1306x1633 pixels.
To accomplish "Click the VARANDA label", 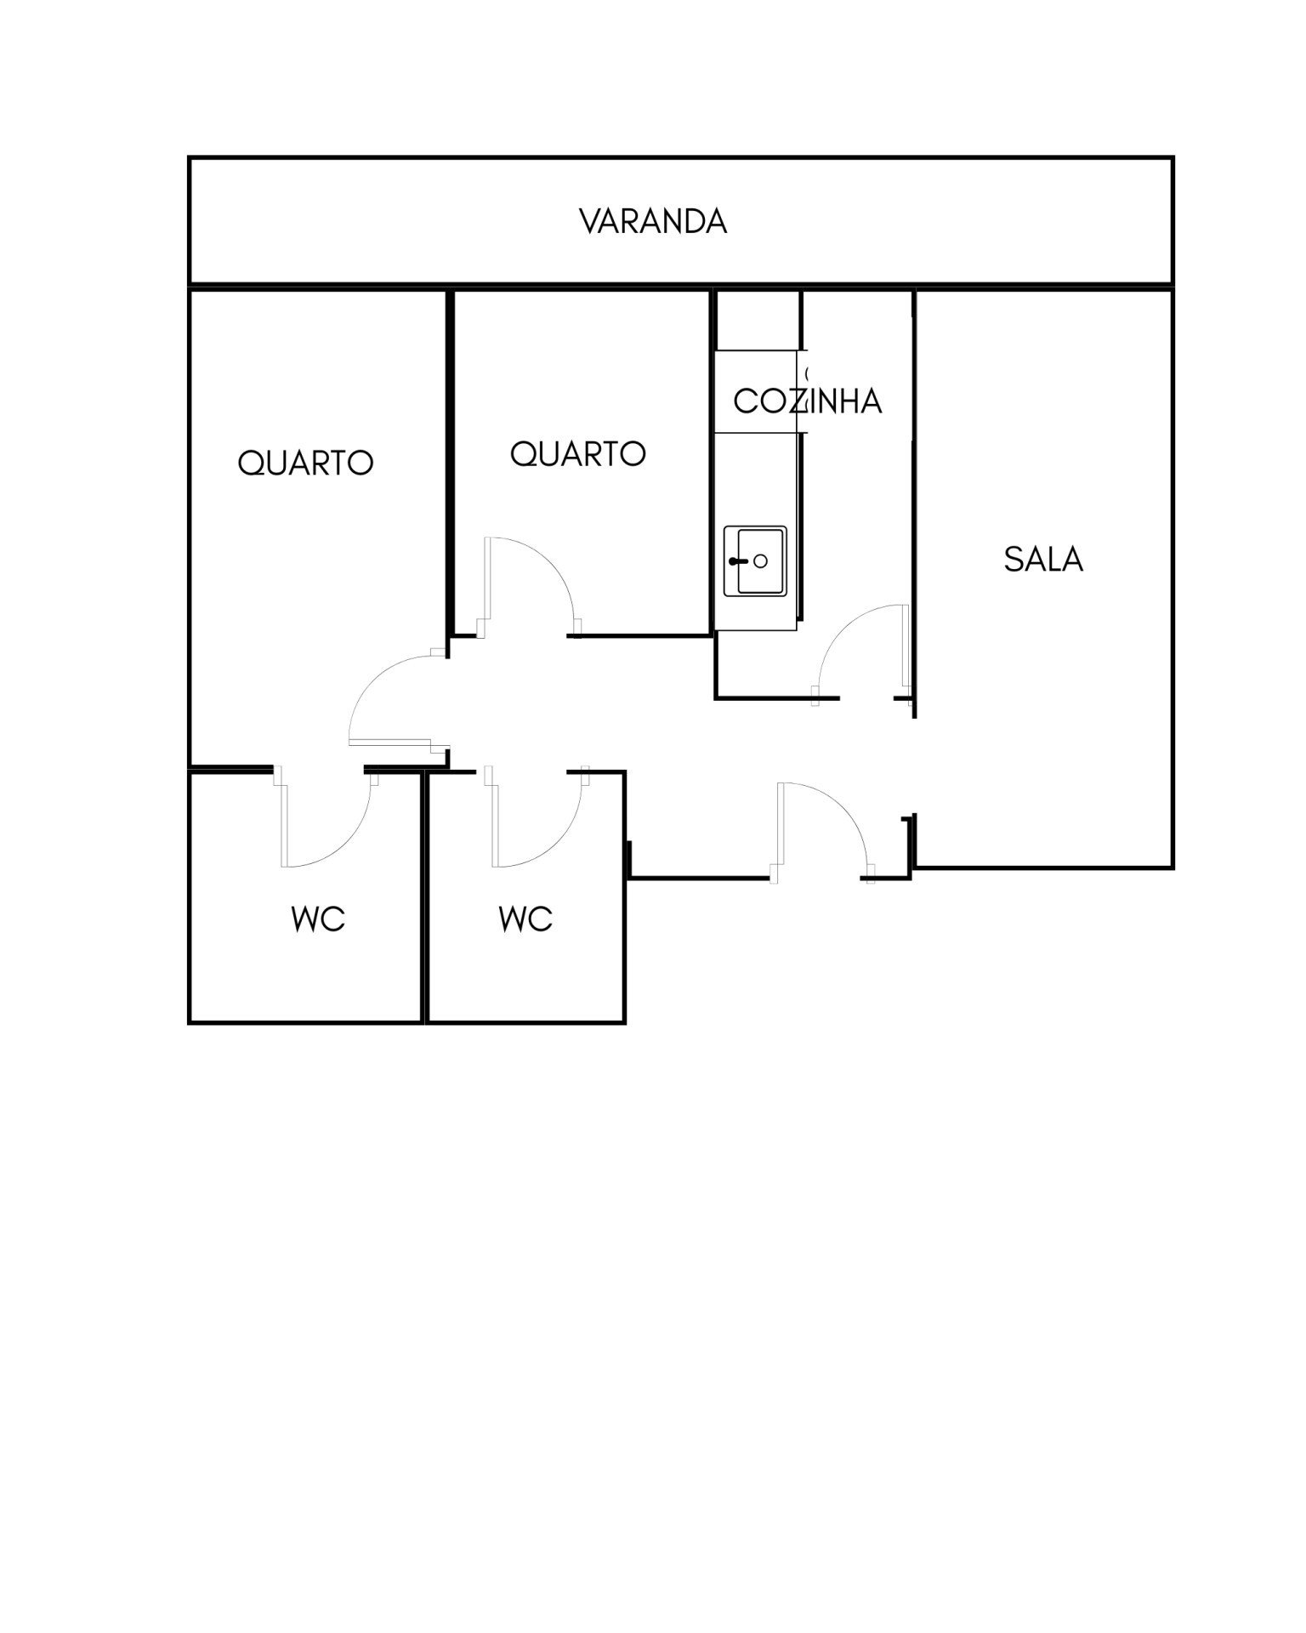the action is point(653,221).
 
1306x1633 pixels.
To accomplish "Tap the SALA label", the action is point(1043,559).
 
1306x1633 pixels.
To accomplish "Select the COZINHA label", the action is point(807,401).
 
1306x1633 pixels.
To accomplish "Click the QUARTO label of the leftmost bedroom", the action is point(305,464).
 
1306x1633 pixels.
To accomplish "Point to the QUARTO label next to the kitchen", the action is point(578,454).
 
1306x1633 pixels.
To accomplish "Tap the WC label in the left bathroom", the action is point(318,919).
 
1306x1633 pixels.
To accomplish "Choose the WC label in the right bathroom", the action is point(525,919).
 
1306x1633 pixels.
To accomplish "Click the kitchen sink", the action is point(755,561).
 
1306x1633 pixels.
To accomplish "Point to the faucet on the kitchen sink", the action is point(737,561).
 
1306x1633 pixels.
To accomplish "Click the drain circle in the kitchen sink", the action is point(761,561).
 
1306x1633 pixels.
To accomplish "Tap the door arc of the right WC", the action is point(560,842).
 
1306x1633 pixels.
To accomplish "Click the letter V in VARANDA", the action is point(590,221).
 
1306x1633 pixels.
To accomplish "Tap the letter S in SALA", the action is point(1013,559).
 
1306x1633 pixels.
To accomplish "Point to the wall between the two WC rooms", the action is point(424,897).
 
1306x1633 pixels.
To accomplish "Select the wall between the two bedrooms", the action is point(449,464).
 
